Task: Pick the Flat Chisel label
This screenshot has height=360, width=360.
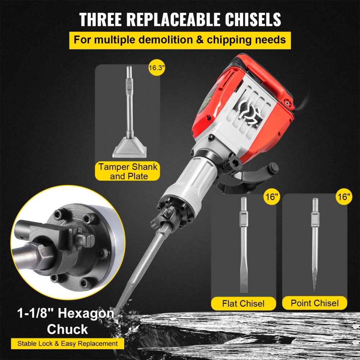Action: [x=243, y=303]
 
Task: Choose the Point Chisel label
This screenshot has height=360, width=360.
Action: [x=315, y=303]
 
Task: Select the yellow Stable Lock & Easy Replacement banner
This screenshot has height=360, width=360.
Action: [x=67, y=343]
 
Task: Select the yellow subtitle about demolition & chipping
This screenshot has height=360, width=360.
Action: [x=180, y=39]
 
